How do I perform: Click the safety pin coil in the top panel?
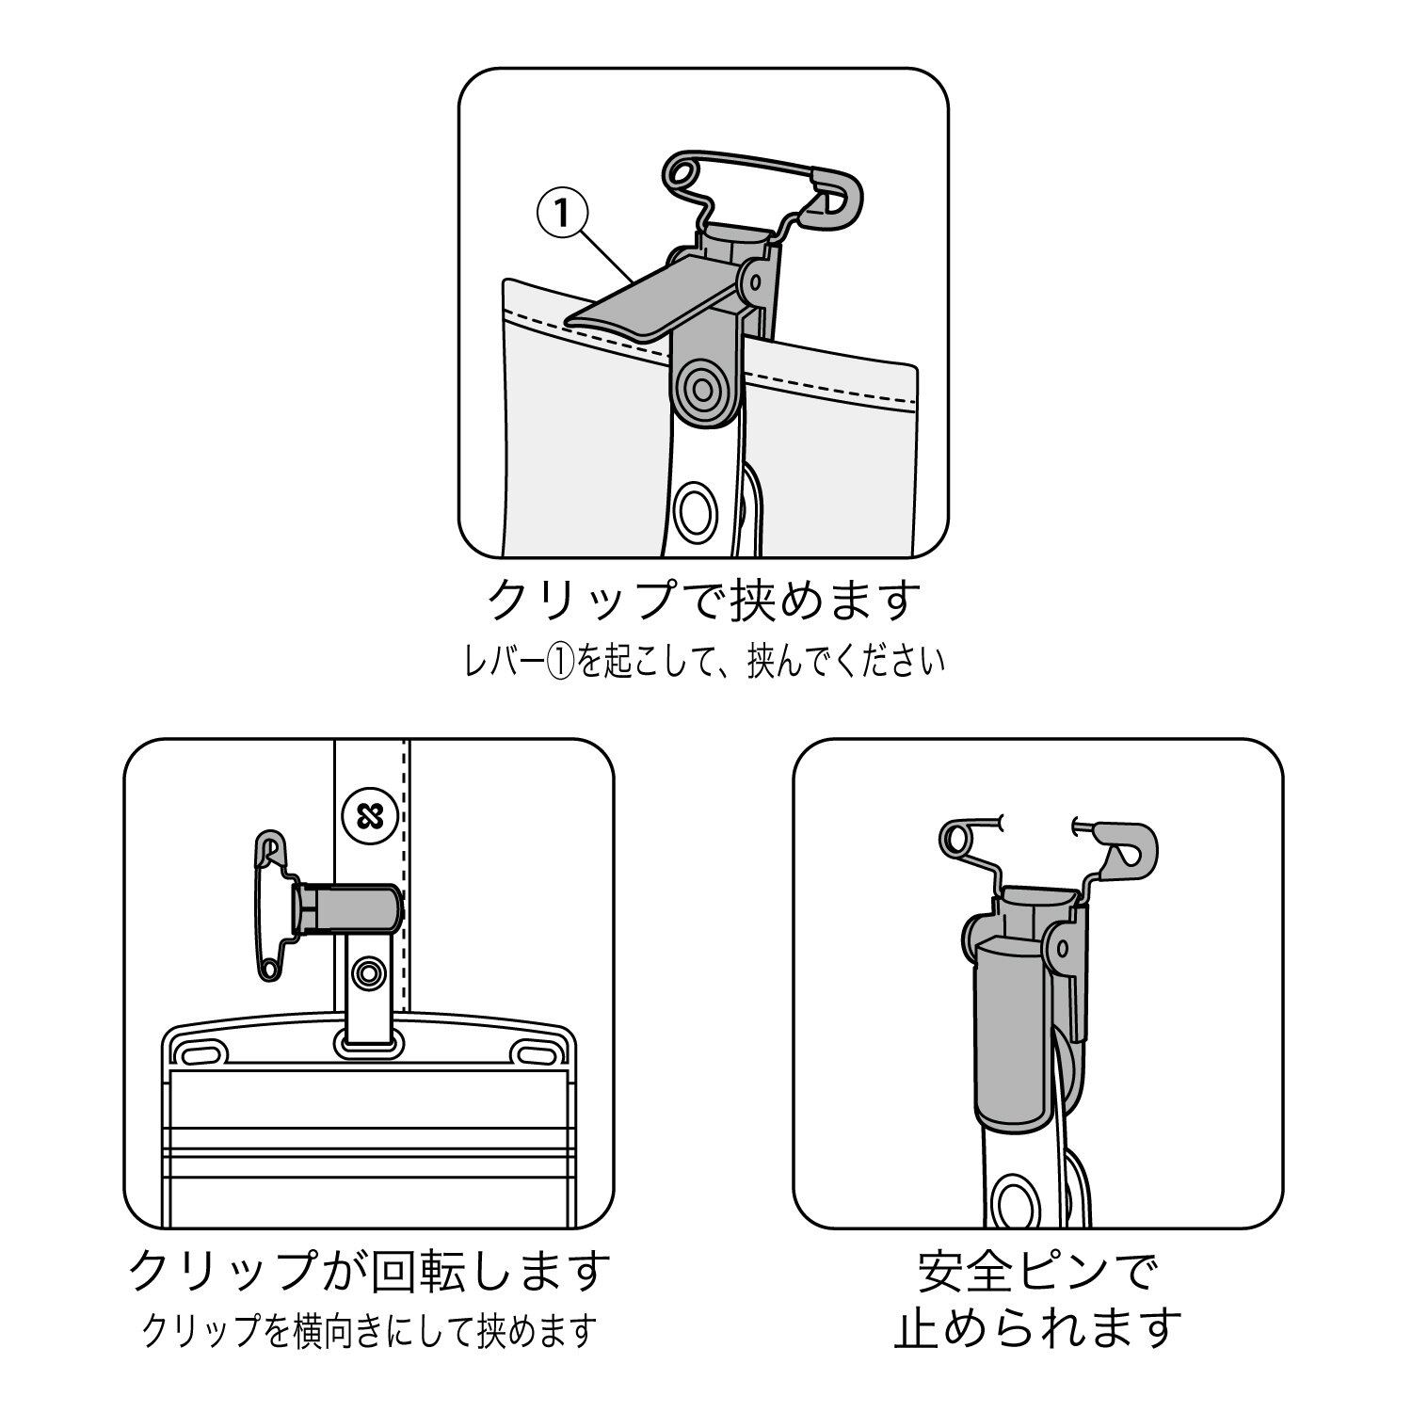pos(682,170)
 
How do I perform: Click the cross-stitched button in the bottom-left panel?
pos(363,814)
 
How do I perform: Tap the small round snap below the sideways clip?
pos(368,971)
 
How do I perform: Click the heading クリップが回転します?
pos(369,1271)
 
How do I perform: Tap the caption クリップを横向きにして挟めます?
pos(369,1330)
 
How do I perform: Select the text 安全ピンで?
pos(1037,1271)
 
